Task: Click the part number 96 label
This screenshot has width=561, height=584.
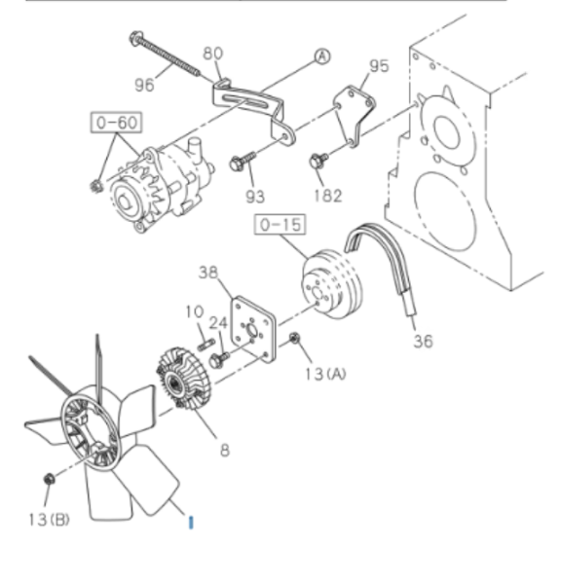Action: click(x=144, y=85)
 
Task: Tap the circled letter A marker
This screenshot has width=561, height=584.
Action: click(x=322, y=56)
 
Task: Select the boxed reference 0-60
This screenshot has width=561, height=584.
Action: click(x=116, y=123)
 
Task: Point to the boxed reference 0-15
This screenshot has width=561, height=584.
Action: click(x=280, y=225)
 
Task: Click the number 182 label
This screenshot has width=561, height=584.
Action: click(x=327, y=196)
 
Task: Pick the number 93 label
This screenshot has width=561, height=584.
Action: click(x=255, y=197)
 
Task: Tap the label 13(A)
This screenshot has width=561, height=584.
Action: click(x=325, y=374)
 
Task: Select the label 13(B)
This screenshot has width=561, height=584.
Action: click(x=50, y=520)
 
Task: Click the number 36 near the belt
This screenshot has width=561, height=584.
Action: click(x=423, y=342)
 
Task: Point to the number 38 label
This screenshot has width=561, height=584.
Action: click(x=208, y=273)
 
